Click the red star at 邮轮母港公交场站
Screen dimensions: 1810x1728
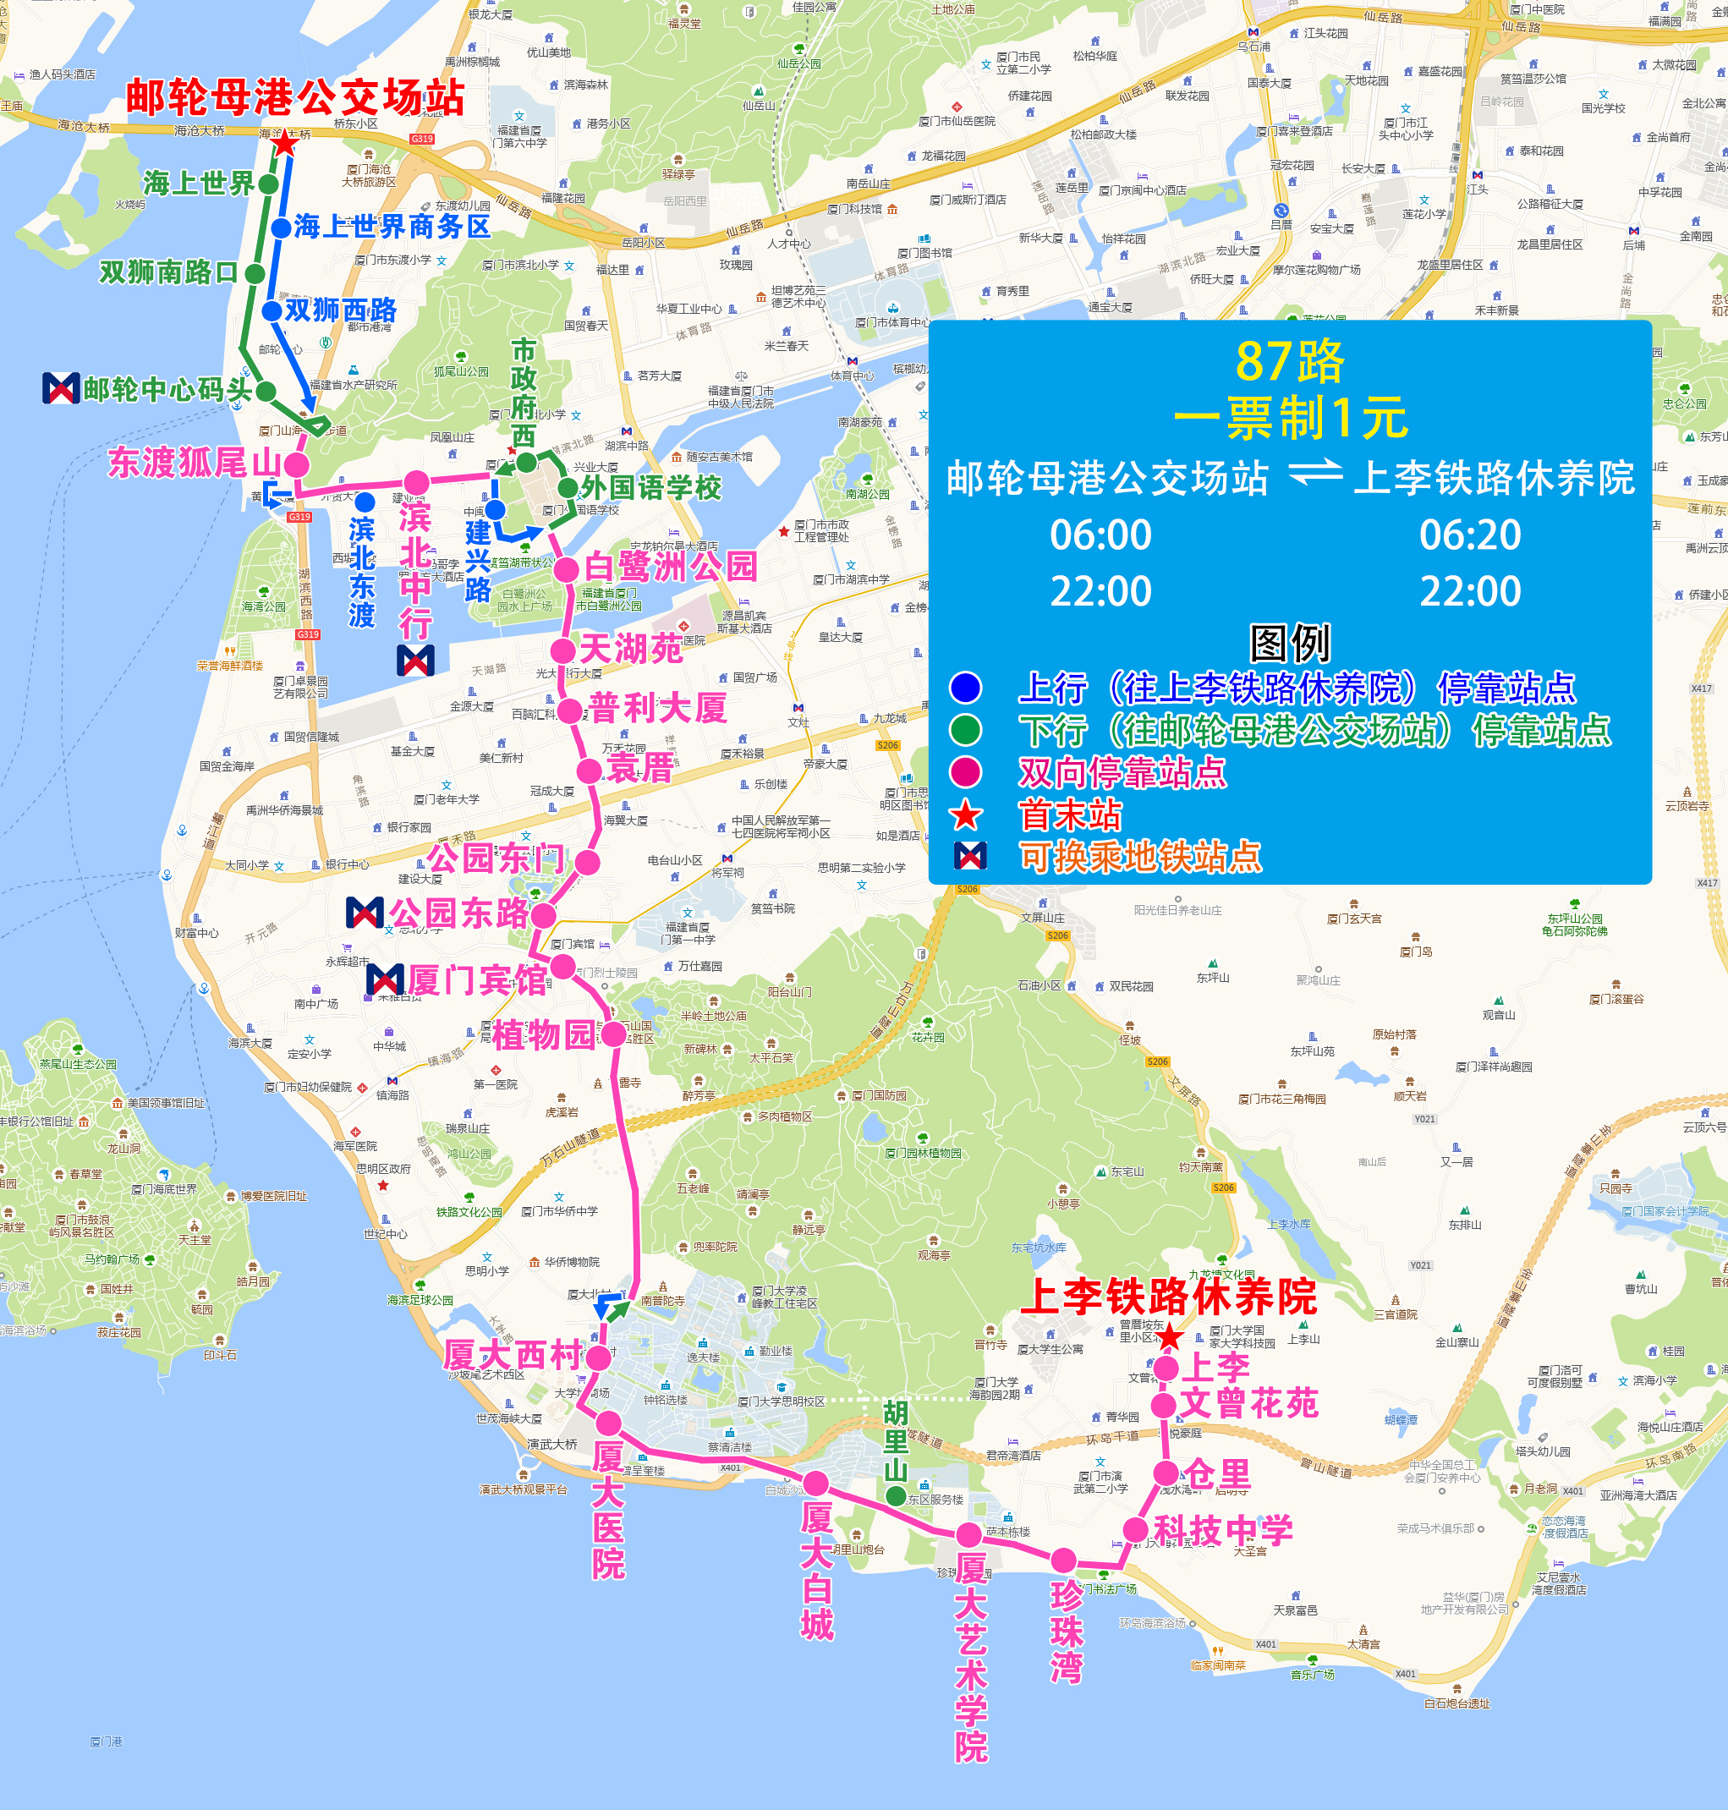click(x=286, y=144)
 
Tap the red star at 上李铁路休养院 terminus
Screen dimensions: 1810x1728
click(x=1169, y=1336)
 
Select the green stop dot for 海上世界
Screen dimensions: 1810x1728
click(x=268, y=184)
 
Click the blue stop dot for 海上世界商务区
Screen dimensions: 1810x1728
click(x=282, y=227)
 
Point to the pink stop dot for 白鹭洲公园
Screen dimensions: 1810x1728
click(x=567, y=568)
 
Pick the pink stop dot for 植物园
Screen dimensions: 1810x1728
click(x=613, y=1034)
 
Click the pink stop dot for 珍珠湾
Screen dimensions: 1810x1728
click(x=1064, y=1560)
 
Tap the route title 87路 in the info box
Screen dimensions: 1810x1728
click(x=1290, y=361)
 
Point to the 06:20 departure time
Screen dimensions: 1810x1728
click(x=1470, y=535)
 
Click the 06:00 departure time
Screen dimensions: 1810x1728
click(x=1100, y=535)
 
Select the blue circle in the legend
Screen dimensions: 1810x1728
click(x=965, y=687)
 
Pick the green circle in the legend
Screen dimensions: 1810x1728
click(x=965, y=730)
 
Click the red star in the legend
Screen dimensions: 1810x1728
click(x=966, y=815)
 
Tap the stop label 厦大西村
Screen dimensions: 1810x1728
click(x=513, y=1355)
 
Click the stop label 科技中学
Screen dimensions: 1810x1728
click(x=1223, y=1530)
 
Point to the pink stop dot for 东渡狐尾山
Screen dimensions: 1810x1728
click(x=297, y=464)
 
